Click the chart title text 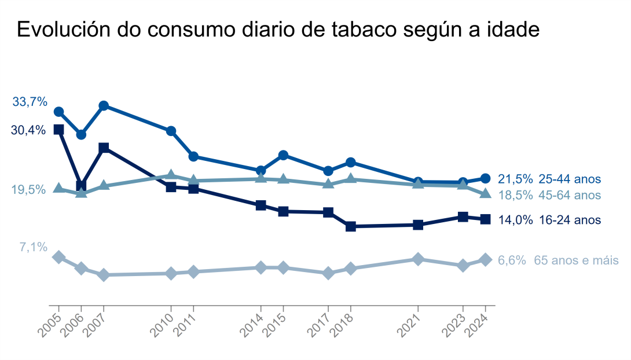point(278,30)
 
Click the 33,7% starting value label point(30,102)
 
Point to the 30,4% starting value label point(28,130)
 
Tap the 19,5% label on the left point(28,190)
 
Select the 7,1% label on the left point(33,248)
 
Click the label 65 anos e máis point(576,260)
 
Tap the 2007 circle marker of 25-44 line point(104,106)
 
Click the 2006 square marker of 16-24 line point(81,185)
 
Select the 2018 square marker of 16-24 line point(350,226)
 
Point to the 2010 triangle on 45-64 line point(171,175)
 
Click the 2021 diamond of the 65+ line point(418,259)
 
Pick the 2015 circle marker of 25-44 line point(283,155)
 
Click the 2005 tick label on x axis point(50,325)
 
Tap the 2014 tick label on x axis point(252,325)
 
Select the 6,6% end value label point(512,260)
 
